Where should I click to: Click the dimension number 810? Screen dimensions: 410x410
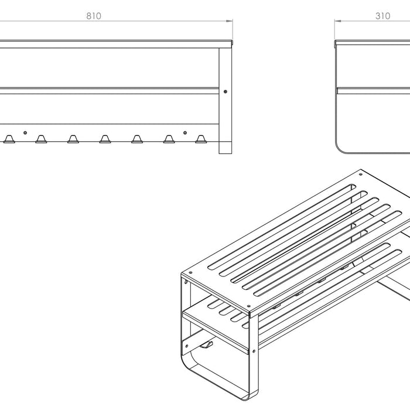point(94,16)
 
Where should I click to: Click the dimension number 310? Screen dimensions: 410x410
point(383,16)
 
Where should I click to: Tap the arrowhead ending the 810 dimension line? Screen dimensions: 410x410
point(230,21)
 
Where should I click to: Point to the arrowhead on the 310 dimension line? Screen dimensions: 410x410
point(338,21)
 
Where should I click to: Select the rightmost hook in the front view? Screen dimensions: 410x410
point(201,139)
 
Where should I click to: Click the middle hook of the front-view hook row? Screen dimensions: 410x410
point(105,139)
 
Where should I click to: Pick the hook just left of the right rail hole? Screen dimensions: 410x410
point(169,139)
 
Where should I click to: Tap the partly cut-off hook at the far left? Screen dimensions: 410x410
point(9,139)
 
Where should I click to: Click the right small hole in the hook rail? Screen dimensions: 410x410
point(185,133)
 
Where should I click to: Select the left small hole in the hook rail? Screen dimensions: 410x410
point(25,133)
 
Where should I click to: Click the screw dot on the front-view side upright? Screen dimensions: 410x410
point(225,91)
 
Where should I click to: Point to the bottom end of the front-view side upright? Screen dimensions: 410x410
point(225,153)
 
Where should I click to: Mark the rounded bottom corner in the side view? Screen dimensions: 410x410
point(339,148)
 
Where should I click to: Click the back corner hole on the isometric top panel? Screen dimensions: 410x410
point(361,174)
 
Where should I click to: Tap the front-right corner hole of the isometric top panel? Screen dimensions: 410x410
point(248,306)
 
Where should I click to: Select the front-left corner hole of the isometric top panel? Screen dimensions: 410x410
point(190,273)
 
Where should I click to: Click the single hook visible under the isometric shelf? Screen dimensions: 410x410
point(207,345)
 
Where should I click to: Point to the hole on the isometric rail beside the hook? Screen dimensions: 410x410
point(187,346)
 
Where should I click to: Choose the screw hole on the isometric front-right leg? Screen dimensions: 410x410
point(254,351)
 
